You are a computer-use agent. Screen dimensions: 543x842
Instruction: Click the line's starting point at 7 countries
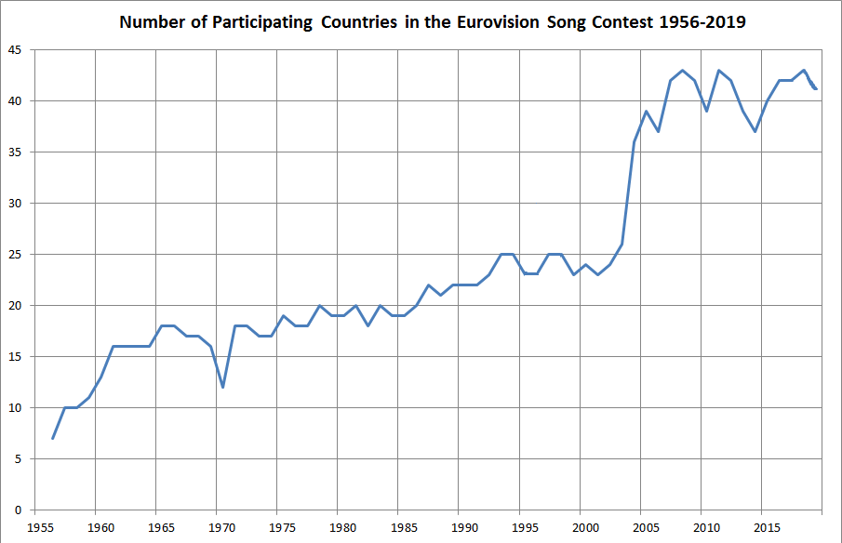(x=53, y=438)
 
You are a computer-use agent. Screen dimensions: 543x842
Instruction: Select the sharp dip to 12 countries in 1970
(x=222, y=387)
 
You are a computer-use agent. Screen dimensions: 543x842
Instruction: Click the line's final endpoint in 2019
(x=816, y=89)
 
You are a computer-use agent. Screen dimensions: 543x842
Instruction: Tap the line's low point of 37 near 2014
(x=755, y=131)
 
